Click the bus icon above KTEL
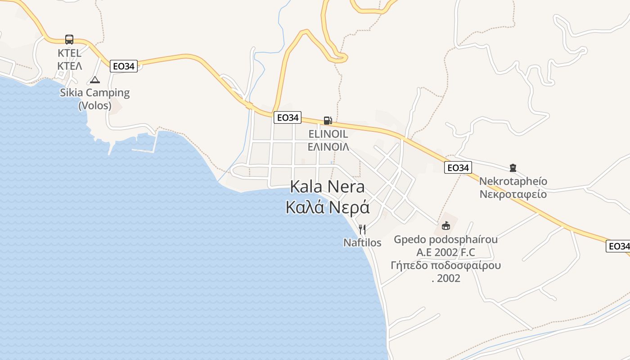click(69, 40)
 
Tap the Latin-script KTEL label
click(70, 53)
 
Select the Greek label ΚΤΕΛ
click(70, 66)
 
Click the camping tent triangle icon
click(94, 80)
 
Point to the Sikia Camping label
click(95, 93)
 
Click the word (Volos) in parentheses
click(95, 106)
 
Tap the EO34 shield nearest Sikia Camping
click(124, 66)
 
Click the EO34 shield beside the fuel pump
click(288, 117)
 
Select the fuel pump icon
click(328, 120)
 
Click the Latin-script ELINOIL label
click(328, 134)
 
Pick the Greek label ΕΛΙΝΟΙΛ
click(328, 147)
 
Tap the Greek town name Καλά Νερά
click(328, 207)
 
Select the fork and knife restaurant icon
click(362, 229)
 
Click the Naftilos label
click(362, 243)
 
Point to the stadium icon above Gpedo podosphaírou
click(446, 225)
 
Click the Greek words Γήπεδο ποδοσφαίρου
click(446, 265)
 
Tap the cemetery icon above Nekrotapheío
click(513, 168)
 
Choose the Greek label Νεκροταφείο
click(513, 194)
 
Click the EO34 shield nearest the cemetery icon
click(458, 168)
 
